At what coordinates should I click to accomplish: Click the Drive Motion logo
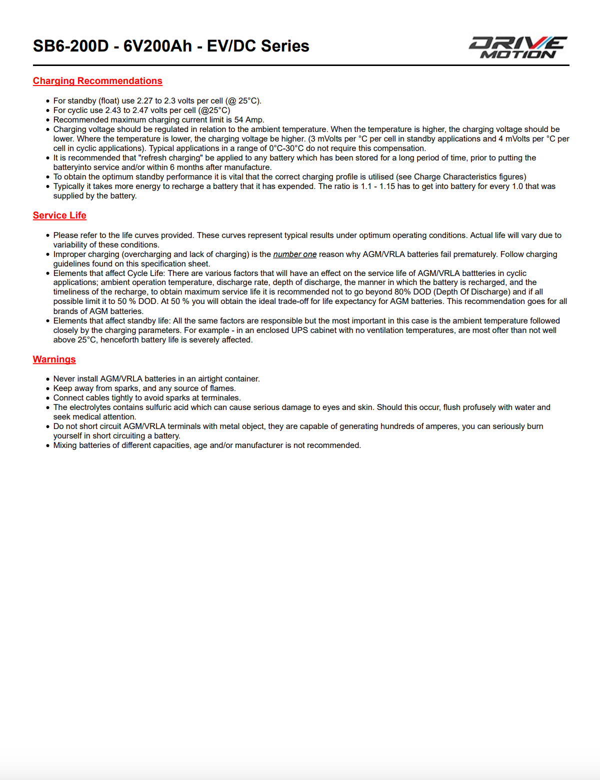518,47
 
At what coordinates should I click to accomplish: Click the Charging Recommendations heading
97,81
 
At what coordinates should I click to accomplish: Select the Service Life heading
59,215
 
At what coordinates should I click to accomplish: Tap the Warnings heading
54,359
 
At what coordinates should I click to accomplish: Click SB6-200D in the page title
70,46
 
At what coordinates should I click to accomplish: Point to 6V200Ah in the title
157,46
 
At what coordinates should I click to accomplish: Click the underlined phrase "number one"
294,254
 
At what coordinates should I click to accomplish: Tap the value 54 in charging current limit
238,120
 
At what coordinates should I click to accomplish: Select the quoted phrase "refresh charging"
170,158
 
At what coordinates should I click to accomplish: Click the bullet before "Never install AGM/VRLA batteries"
48,379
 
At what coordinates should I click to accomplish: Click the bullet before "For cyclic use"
48,111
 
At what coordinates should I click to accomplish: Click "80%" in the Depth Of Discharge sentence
402,292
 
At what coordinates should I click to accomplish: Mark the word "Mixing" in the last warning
65,445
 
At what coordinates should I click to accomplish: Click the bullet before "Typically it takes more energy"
48,187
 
